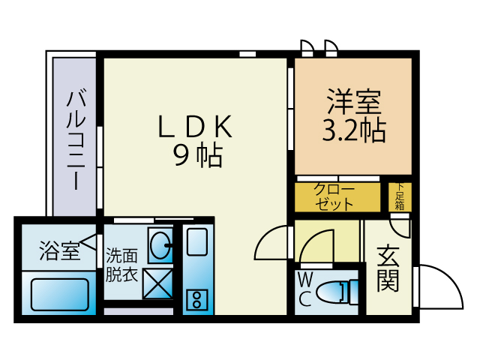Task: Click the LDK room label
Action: click(x=195, y=126)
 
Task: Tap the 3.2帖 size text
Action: click(x=354, y=130)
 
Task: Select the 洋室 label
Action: click(x=354, y=101)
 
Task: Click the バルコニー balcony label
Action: click(x=76, y=139)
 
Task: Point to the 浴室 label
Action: click(x=59, y=250)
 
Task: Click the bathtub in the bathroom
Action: click(x=60, y=295)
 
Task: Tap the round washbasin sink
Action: click(x=160, y=245)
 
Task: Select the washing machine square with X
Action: click(x=158, y=283)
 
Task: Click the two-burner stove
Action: click(x=196, y=299)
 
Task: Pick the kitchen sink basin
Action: click(x=197, y=241)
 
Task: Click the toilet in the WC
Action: click(x=337, y=292)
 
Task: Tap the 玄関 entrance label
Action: click(x=388, y=268)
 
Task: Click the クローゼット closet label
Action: click(x=334, y=197)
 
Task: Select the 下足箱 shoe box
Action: click(x=400, y=196)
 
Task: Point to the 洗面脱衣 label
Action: click(x=121, y=265)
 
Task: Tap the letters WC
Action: click(x=305, y=290)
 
